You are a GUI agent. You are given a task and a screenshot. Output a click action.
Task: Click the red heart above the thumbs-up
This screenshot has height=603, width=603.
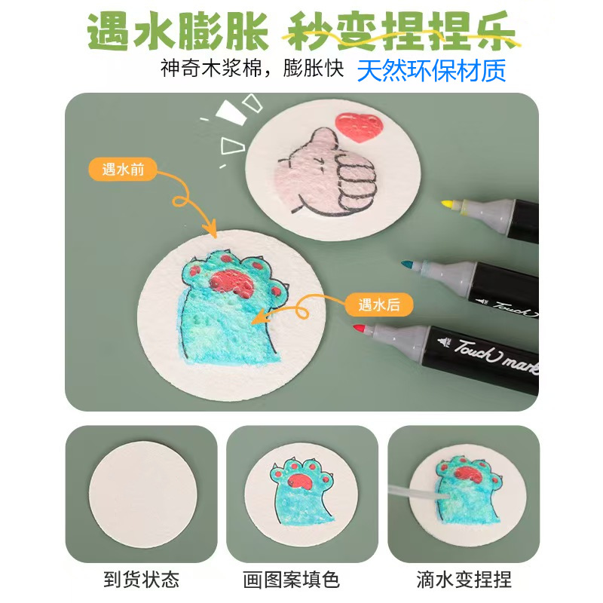(358, 127)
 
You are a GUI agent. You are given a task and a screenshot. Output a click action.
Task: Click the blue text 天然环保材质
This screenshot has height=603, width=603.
(431, 70)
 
